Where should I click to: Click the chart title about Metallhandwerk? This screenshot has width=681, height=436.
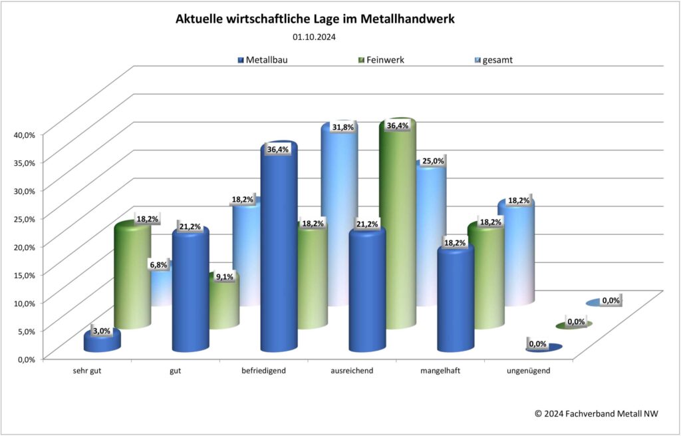315,20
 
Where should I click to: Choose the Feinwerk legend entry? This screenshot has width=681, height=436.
380,60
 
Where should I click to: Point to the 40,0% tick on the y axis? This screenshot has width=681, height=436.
24,134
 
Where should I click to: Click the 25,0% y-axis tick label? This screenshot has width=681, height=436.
24,218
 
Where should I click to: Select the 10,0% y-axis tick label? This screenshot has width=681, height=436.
24,302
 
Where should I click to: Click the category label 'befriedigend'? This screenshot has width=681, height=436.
263,371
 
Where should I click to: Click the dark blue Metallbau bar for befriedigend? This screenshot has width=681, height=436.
278,253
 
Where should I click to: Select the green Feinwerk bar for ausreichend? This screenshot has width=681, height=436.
397,226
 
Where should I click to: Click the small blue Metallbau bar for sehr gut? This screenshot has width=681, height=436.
102,342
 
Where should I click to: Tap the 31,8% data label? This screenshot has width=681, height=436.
342,127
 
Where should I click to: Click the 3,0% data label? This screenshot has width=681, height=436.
101,331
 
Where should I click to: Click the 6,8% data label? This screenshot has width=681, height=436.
159,265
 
